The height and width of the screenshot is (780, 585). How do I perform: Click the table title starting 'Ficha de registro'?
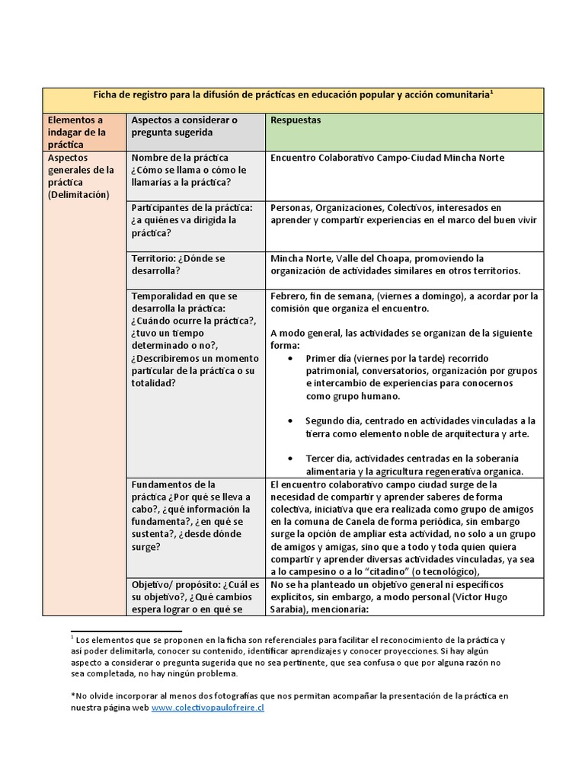(292, 94)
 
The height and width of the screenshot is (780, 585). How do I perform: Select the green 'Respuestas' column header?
(296, 120)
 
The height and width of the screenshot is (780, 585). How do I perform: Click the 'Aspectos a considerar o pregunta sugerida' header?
(184, 126)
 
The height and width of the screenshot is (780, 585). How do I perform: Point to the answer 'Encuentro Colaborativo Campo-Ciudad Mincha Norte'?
(387, 158)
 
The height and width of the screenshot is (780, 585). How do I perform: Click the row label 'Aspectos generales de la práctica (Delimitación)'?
(80, 176)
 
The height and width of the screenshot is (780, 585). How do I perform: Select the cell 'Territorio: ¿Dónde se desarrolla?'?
(178, 264)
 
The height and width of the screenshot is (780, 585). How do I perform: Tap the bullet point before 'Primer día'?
(291, 358)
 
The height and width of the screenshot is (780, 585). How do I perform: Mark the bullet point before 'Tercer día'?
(291, 459)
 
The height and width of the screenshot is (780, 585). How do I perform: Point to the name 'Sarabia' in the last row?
(291, 609)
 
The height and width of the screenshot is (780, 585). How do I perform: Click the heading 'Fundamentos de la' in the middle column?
(173, 484)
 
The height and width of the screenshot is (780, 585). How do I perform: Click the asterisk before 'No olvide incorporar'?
(72, 695)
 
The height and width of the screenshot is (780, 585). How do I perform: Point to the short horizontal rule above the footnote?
(126, 631)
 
